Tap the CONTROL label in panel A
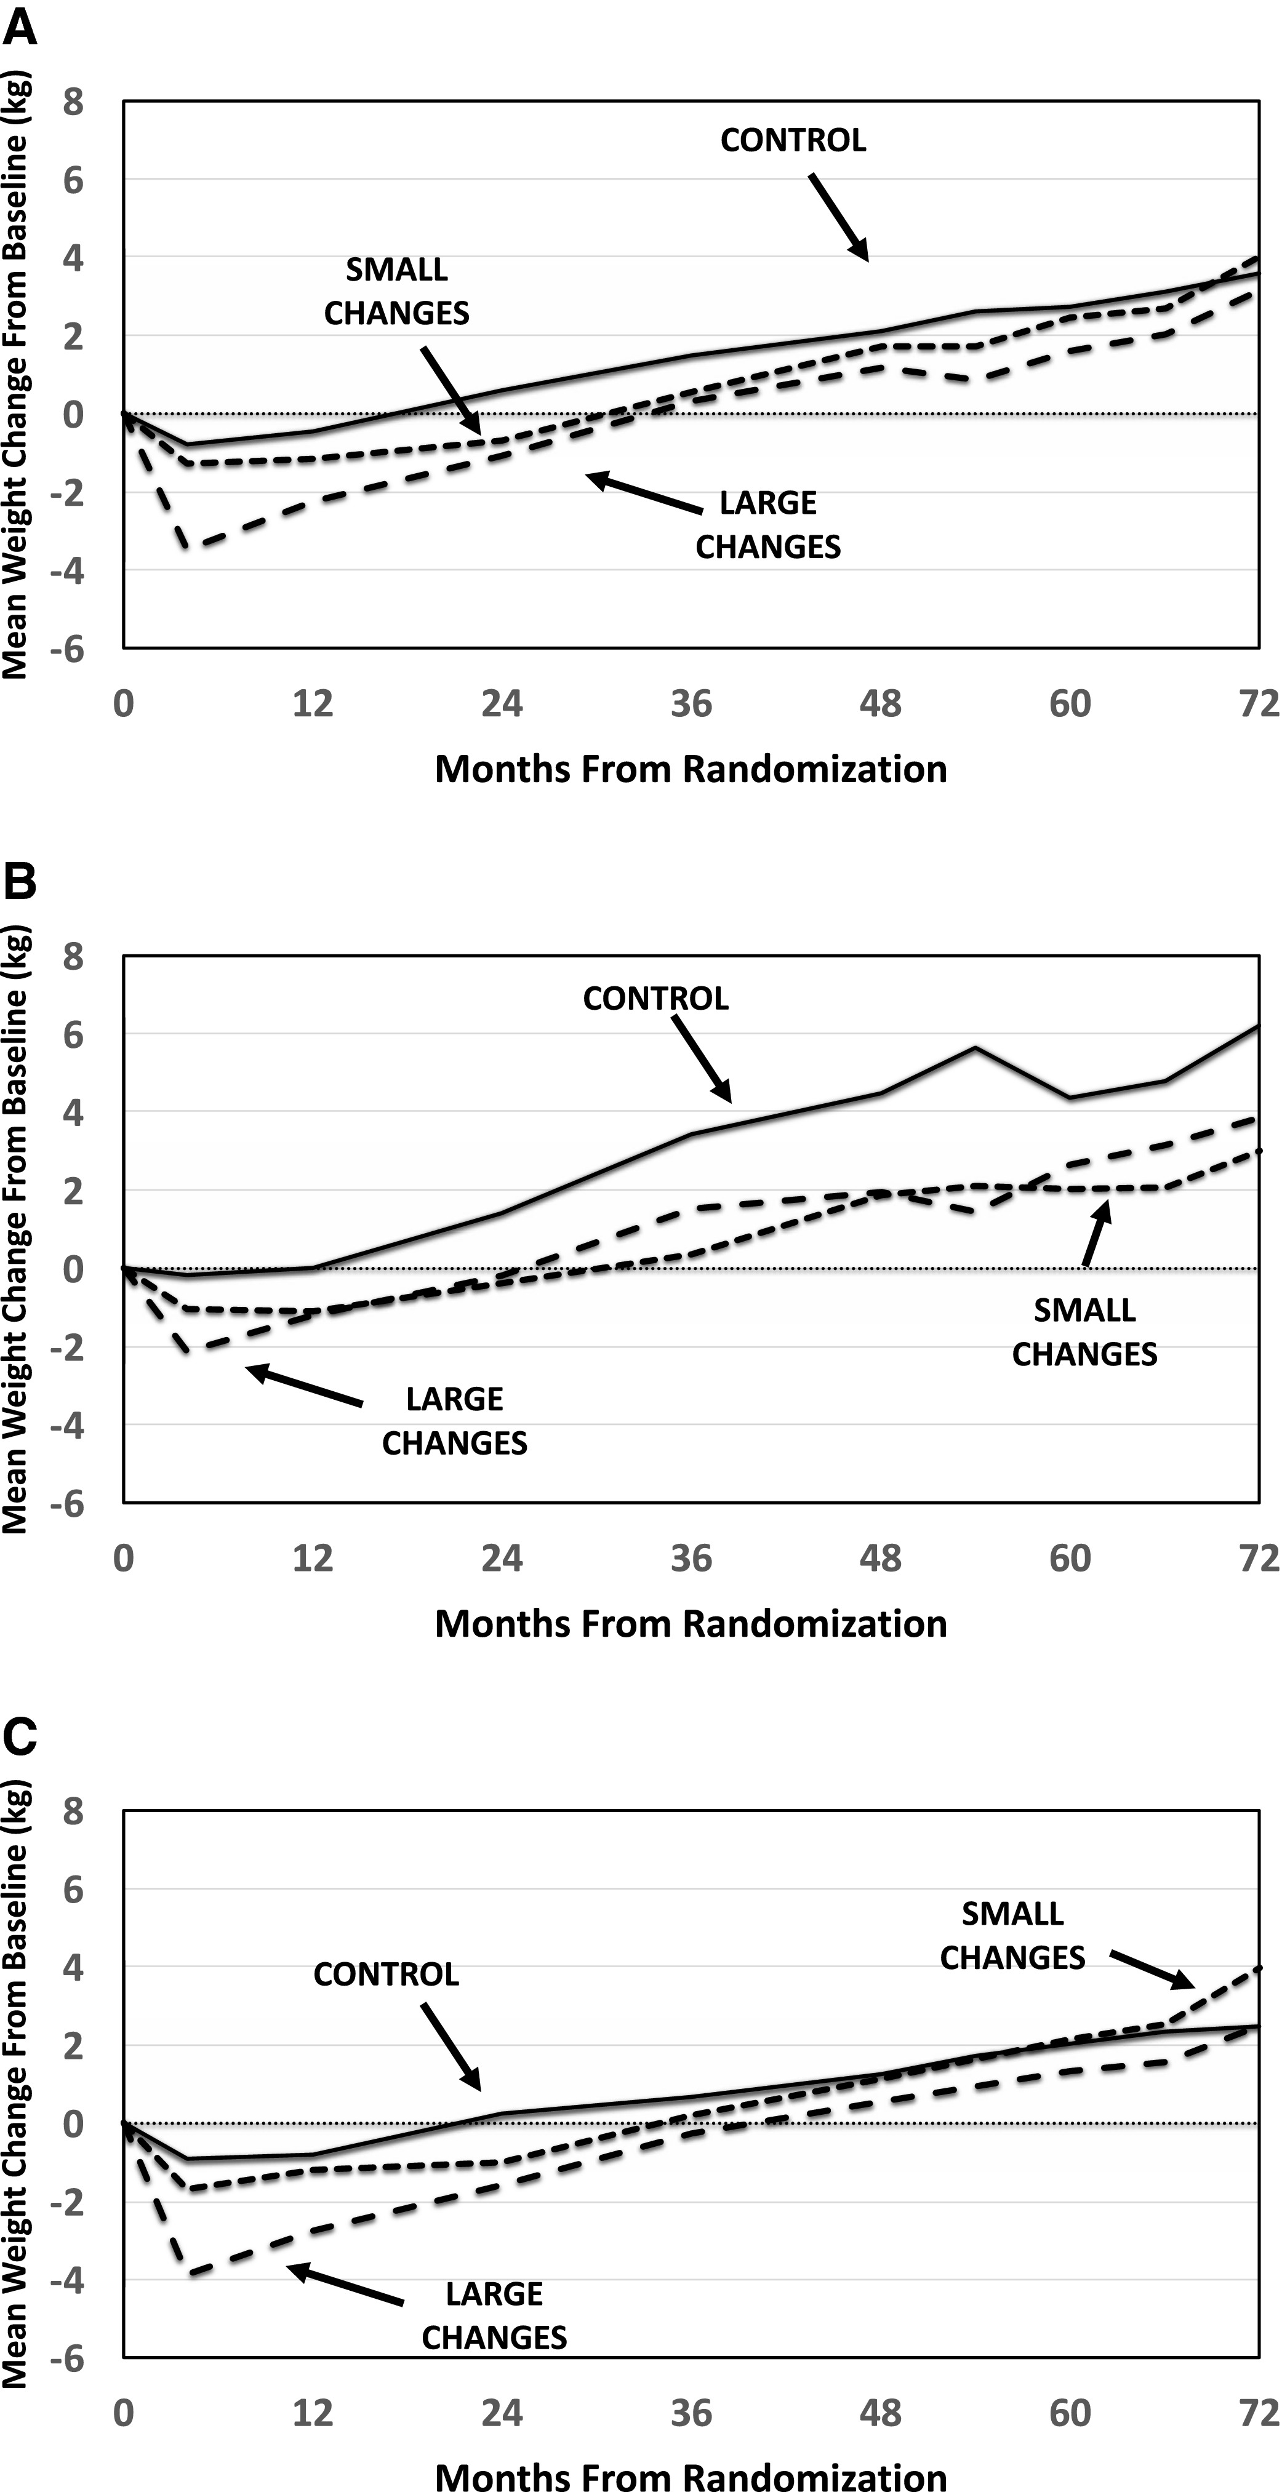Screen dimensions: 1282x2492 click(x=793, y=140)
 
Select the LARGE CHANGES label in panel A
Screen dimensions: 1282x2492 click(x=768, y=524)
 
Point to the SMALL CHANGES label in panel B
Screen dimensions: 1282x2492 click(x=1084, y=1331)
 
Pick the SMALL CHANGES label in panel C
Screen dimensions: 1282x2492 click(x=1012, y=1935)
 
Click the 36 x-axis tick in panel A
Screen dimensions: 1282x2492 click(x=691, y=703)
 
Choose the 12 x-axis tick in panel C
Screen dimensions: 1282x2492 click(x=313, y=2413)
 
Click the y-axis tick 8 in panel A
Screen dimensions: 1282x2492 click(x=73, y=102)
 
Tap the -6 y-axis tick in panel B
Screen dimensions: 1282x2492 click(x=66, y=1503)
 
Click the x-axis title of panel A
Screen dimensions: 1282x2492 click(x=691, y=769)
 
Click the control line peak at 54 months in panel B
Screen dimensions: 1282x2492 click(x=976, y=1048)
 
